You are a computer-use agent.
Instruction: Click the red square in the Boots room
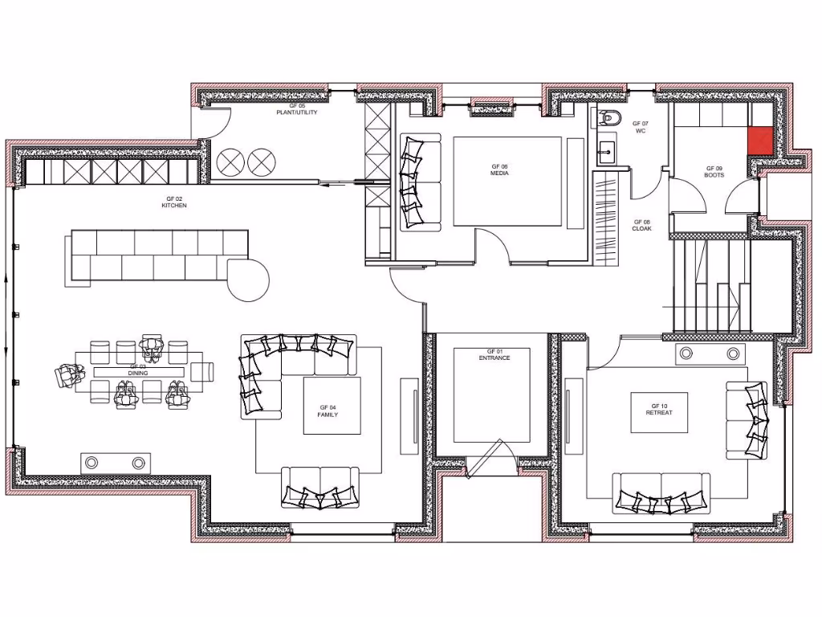click(761, 141)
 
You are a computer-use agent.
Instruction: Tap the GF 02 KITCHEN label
click(174, 202)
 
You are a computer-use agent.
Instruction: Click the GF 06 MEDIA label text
click(499, 170)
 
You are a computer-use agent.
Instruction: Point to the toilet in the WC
click(610, 119)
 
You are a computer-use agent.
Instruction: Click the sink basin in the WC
click(606, 149)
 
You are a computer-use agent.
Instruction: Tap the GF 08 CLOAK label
click(641, 226)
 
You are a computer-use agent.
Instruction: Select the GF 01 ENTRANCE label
click(494, 355)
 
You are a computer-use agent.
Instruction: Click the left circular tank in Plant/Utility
click(230, 162)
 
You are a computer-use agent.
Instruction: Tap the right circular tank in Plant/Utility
click(260, 162)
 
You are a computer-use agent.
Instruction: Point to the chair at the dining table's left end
click(68, 374)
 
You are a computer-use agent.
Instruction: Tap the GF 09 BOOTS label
click(714, 172)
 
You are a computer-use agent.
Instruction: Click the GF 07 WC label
click(640, 127)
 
